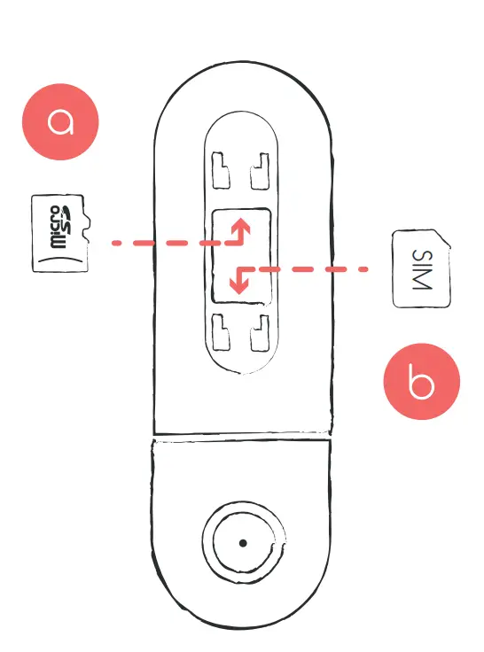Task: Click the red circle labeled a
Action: tap(60, 121)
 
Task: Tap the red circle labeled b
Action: tap(422, 381)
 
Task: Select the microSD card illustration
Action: tap(61, 233)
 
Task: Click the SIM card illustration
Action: tap(421, 268)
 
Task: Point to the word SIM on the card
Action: tap(423, 269)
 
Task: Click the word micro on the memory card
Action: tap(56, 227)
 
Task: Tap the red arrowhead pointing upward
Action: tap(241, 227)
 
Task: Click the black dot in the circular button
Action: tap(243, 543)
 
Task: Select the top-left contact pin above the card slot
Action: tap(221, 171)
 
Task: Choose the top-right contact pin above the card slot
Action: tap(260, 171)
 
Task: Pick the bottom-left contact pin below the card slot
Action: tap(221, 332)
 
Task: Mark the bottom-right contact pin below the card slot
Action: tap(260, 333)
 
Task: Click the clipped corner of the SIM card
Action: tap(444, 237)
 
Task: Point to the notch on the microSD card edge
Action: tap(87, 227)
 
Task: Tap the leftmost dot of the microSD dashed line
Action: tap(116, 243)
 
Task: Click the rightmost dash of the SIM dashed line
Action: tap(362, 269)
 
